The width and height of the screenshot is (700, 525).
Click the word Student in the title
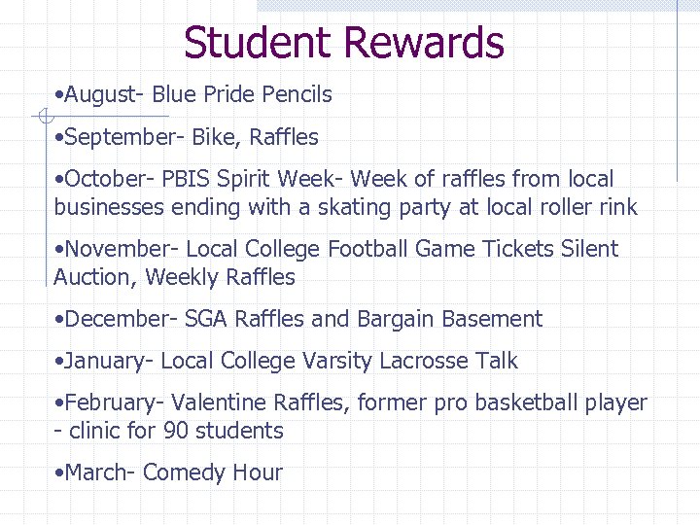(x=258, y=43)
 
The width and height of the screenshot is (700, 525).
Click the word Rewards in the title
(x=424, y=43)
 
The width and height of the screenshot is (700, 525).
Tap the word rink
(x=617, y=207)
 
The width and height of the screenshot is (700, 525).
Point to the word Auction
(x=95, y=277)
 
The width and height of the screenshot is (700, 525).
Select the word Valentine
(x=219, y=402)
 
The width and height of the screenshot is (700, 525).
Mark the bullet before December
(x=60, y=320)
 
